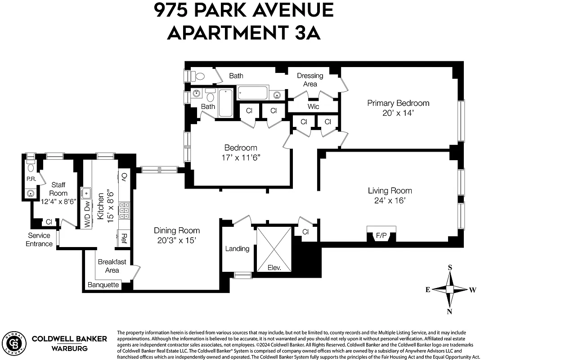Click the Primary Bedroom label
point(398,103)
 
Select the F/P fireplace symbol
point(381,234)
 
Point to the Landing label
point(237,248)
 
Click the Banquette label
point(103,285)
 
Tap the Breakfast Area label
point(112,266)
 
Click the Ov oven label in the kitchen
point(124,176)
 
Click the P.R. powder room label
point(31,179)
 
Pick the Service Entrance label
point(40,240)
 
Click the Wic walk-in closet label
point(313,107)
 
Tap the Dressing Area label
point(310,80)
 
